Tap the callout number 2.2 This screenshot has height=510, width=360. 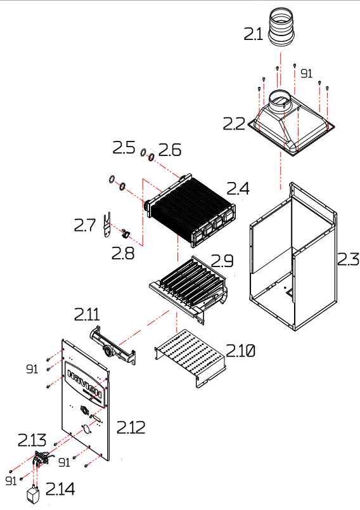click(235, 124)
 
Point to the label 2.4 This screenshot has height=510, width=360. click(239, 188)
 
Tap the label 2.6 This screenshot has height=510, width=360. click(170, 150)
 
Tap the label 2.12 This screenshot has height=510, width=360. click(131, 427)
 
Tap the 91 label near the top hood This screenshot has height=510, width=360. click(306, 74)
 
